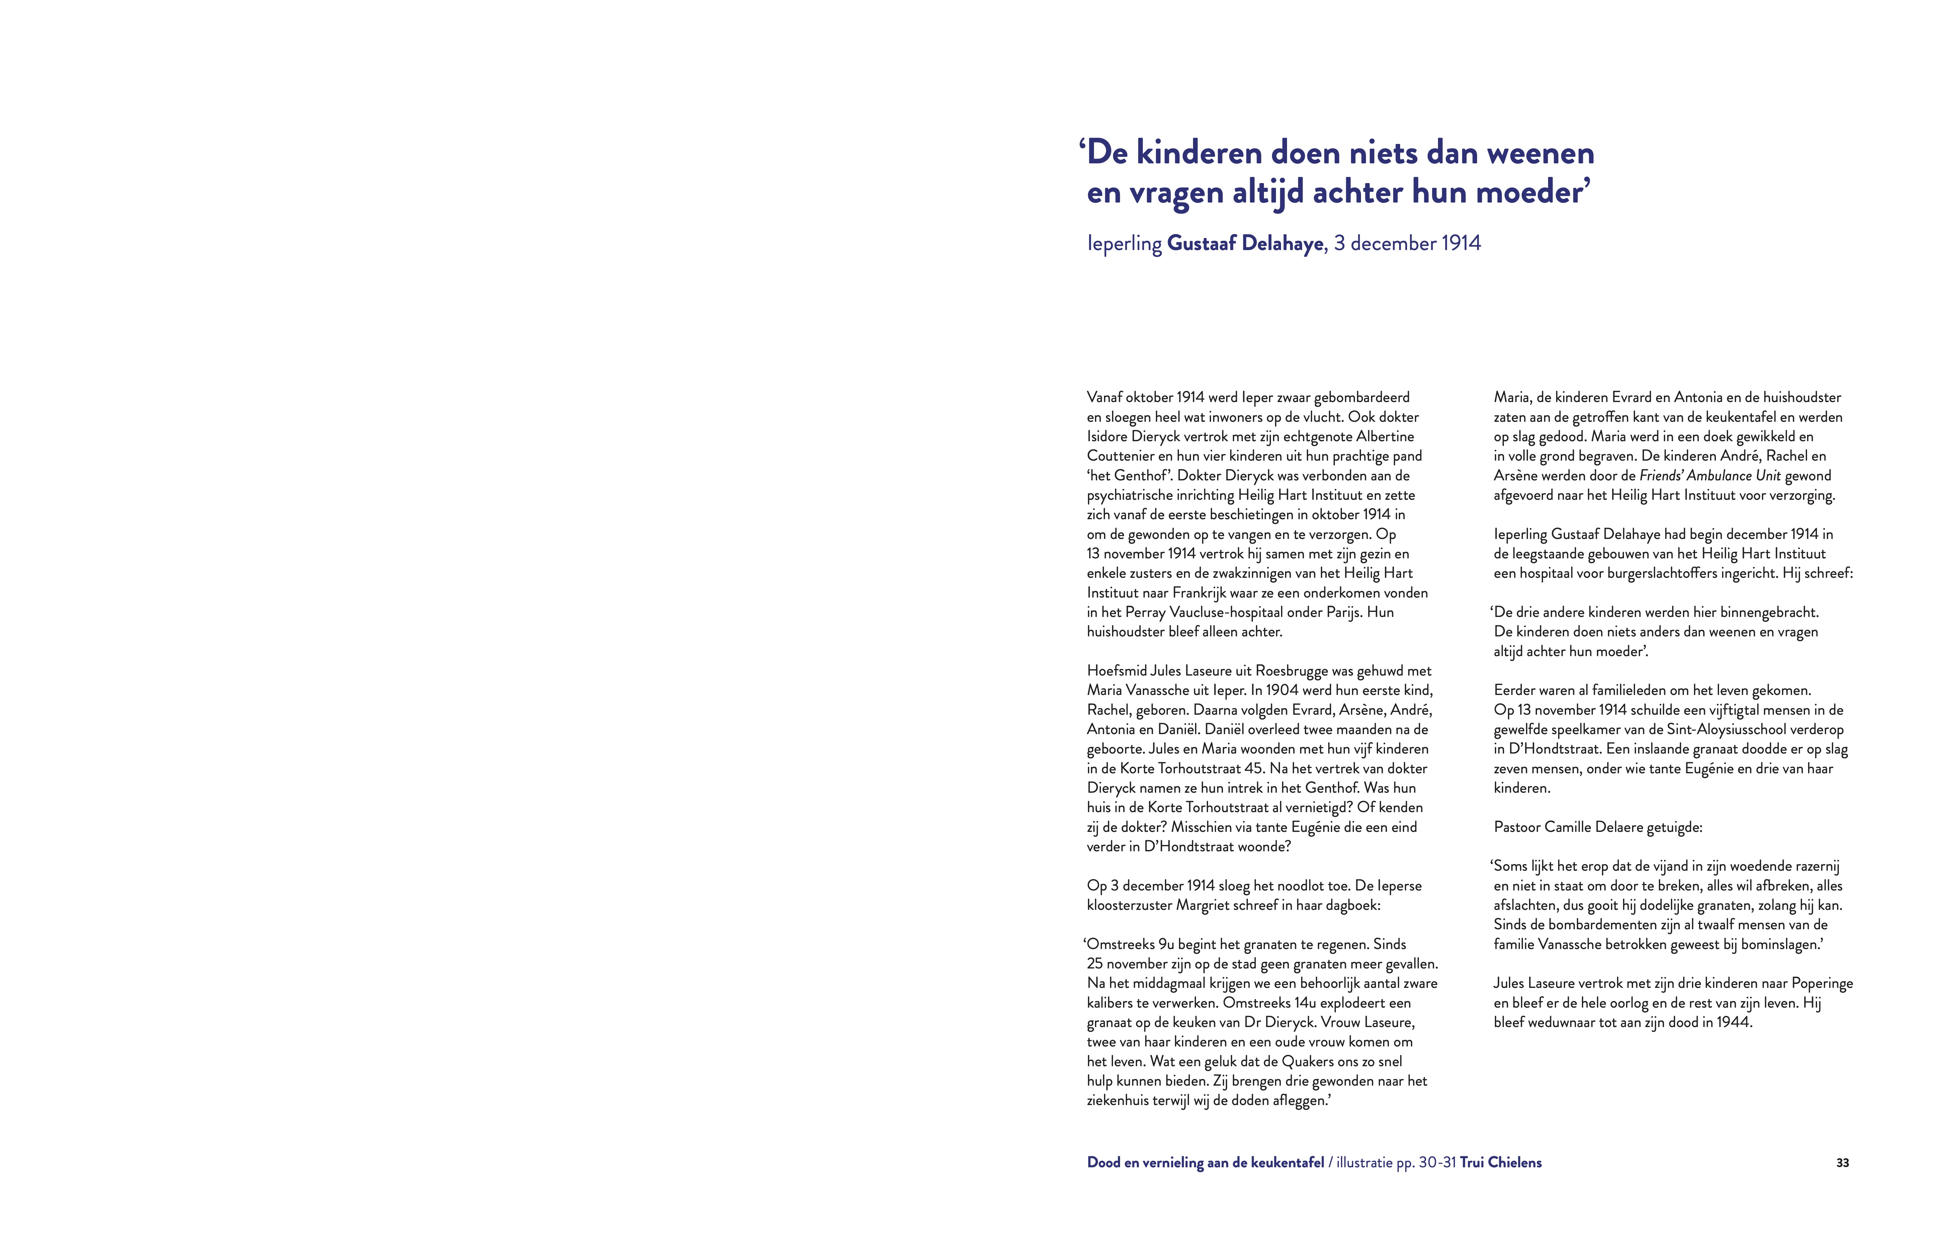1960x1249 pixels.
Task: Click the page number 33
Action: pos(1842,1163)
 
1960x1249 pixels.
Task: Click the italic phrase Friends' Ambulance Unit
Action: pos(1709,475)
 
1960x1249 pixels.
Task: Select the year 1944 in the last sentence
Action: pos(1733,1023)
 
